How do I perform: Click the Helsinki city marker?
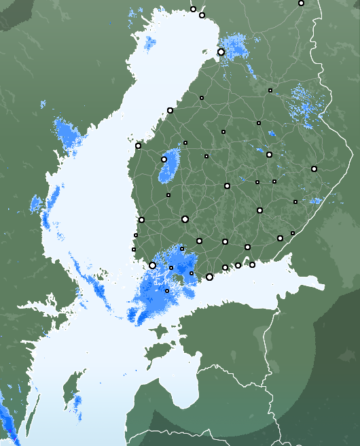(x=209, y=277)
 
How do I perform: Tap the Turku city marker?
(x=152, y=265)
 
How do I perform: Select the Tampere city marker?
(x=185, y=219)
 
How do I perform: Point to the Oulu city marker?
(x=221, y=52)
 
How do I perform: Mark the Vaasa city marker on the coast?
(x=138, y=145)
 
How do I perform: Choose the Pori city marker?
(x=141, y=220)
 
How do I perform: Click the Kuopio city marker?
(x=270, y=154)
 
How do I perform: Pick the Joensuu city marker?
(x=314, y=169)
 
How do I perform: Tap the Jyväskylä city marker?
(x=227, y=186)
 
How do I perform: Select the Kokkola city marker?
(x=170, y=110)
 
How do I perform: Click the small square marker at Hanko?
(x=167, y=291)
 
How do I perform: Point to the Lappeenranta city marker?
(x=280, y=238)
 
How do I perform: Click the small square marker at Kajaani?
(x=270, y=90)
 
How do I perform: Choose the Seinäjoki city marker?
(x=164, y=159)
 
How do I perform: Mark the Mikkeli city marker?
(x=259, y=210)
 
